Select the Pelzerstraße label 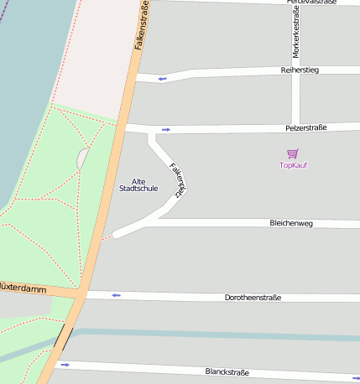pos(305,127)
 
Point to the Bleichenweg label pos(291,224)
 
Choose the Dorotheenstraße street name pos(253,298)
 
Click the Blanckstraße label pos(228,371)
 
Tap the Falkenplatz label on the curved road pos(177,179)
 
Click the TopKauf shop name pos(293,165)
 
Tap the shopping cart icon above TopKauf pos(292,153)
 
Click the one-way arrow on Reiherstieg pos(162,79)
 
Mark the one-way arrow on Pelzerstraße pos(166,129)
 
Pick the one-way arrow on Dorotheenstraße pos(116,295)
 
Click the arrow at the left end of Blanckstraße pos(65,365)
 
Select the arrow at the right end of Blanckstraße pos(355,378)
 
